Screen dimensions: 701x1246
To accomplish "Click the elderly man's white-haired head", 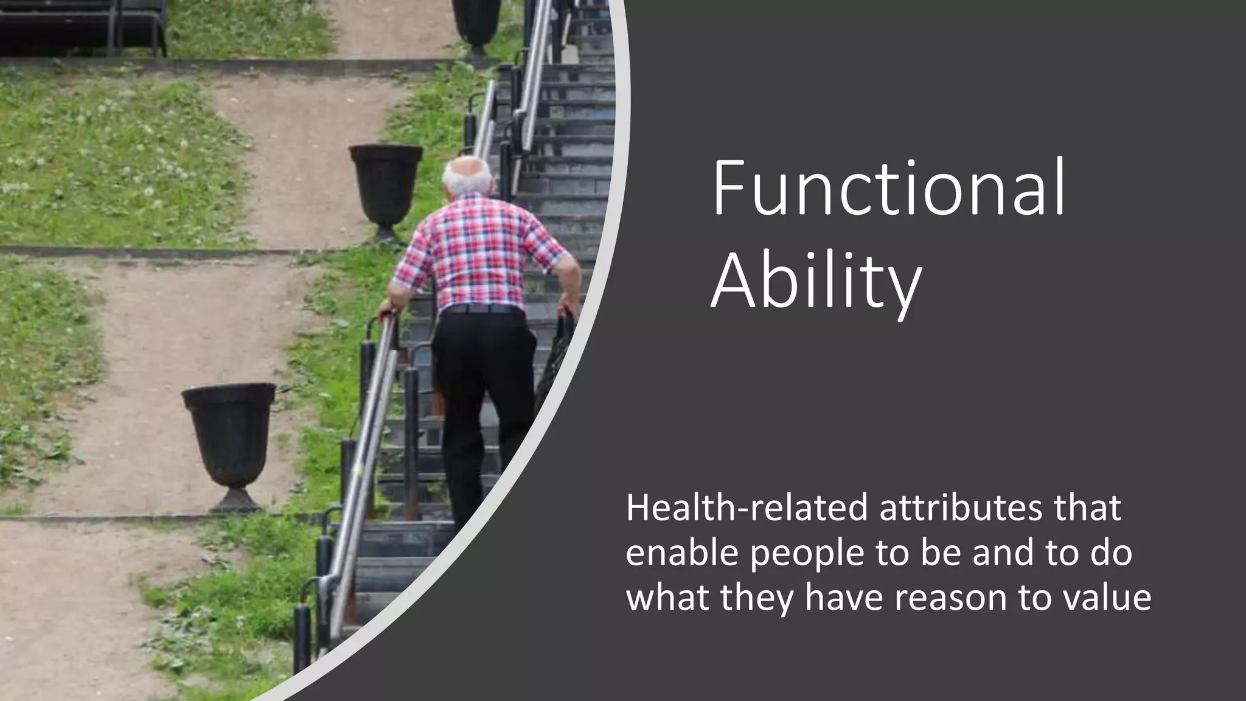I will pos(467,176).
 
